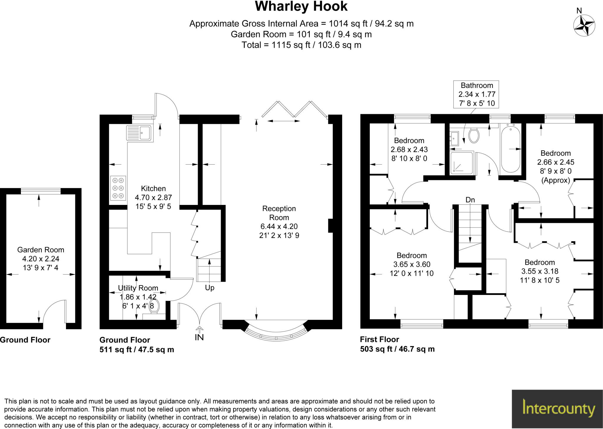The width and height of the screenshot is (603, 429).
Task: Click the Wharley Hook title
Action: [x=301, y=6]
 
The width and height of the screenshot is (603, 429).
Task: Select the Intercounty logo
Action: [x=557, y=409]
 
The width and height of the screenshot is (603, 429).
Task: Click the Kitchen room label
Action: [x=153, y=188]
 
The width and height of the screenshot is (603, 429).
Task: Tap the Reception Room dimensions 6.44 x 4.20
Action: [x=279, y=226]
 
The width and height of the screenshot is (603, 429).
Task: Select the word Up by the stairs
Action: [x=209, y=288]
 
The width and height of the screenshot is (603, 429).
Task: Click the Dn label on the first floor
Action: [x=470, y=200]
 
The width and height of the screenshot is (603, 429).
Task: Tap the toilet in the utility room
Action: [x=154, y=306]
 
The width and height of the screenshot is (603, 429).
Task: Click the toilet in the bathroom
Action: [x=474, y=136]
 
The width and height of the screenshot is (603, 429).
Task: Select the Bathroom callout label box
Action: [x=476, y=94]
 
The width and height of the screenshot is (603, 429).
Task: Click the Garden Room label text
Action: [x=41, y=250]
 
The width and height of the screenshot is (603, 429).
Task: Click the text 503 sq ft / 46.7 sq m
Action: [x=397, y=349]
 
